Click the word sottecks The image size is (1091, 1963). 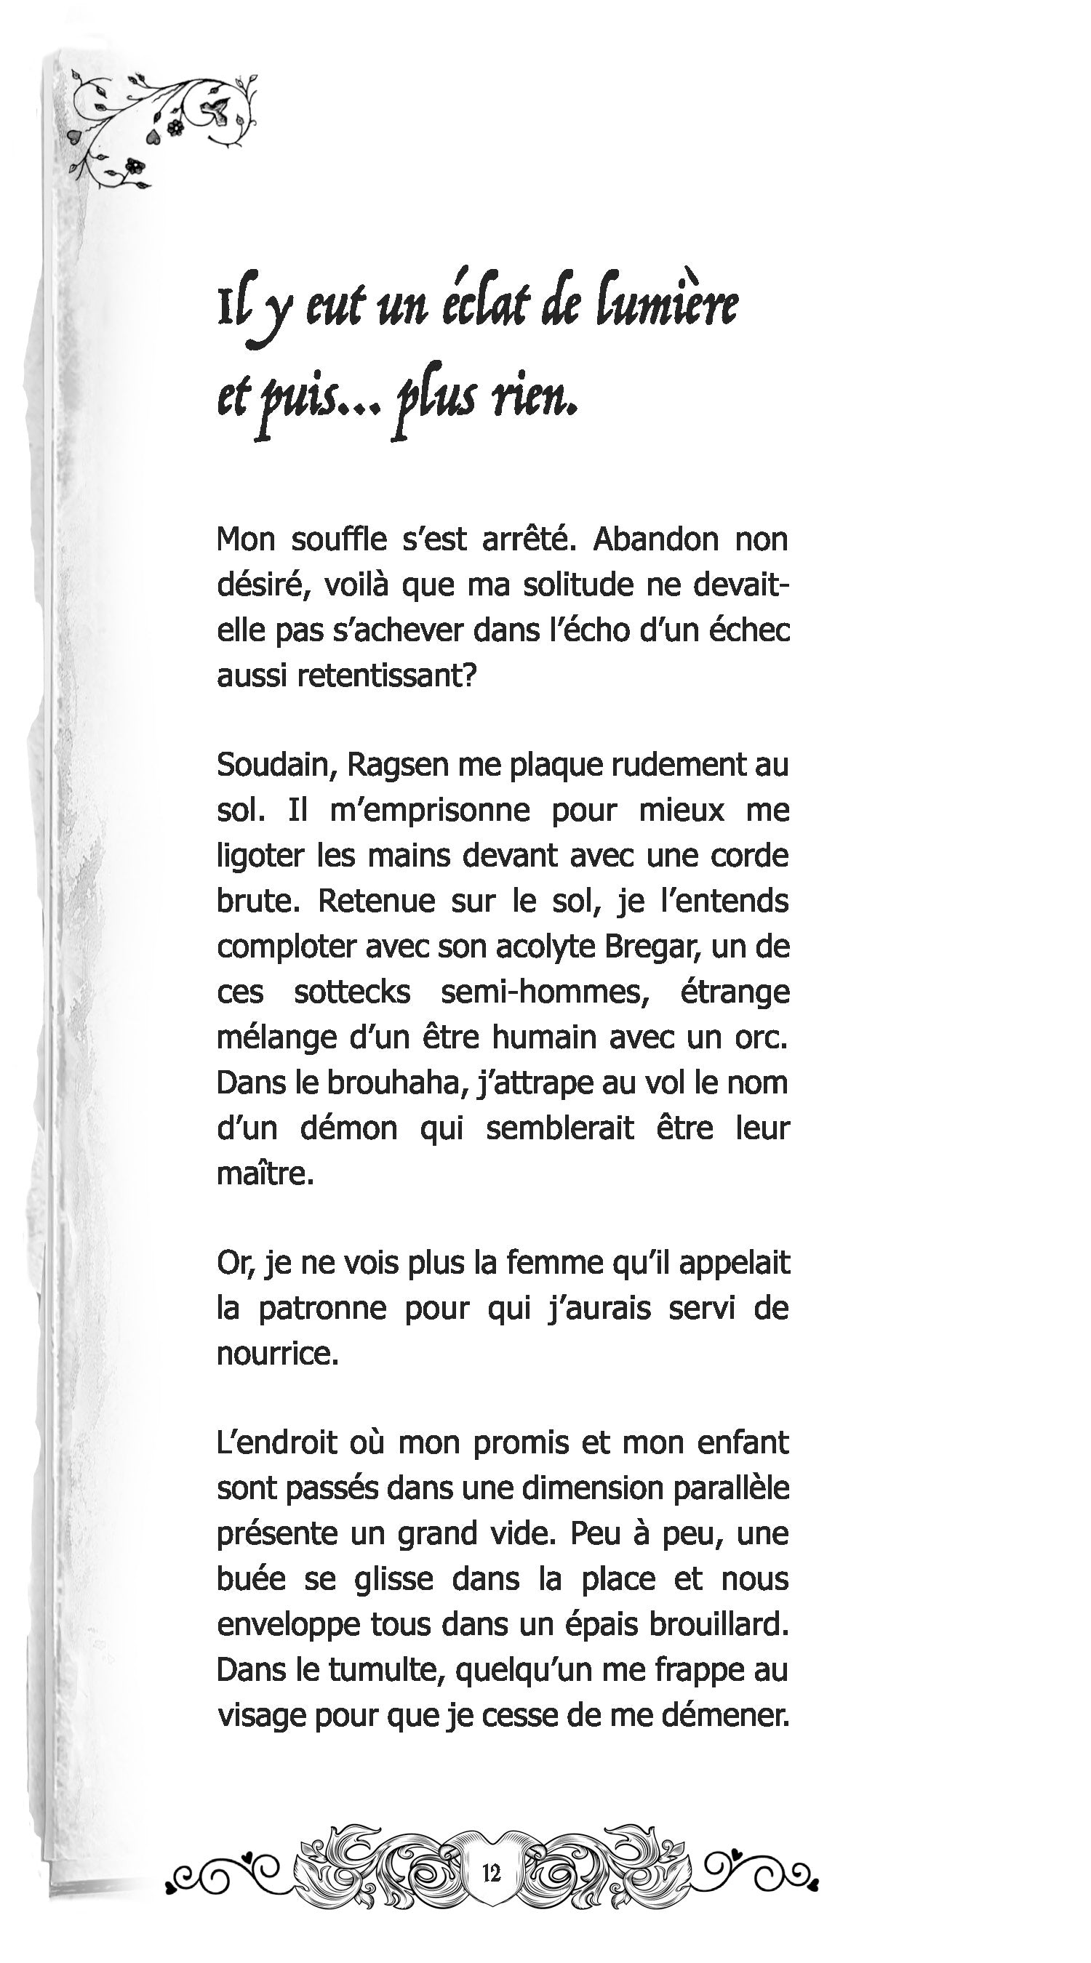tap(351, 992)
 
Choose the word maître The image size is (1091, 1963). tap(265, 1173)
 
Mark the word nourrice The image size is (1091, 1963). tap(277, 1354)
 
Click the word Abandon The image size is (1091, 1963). tap(655, 539)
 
